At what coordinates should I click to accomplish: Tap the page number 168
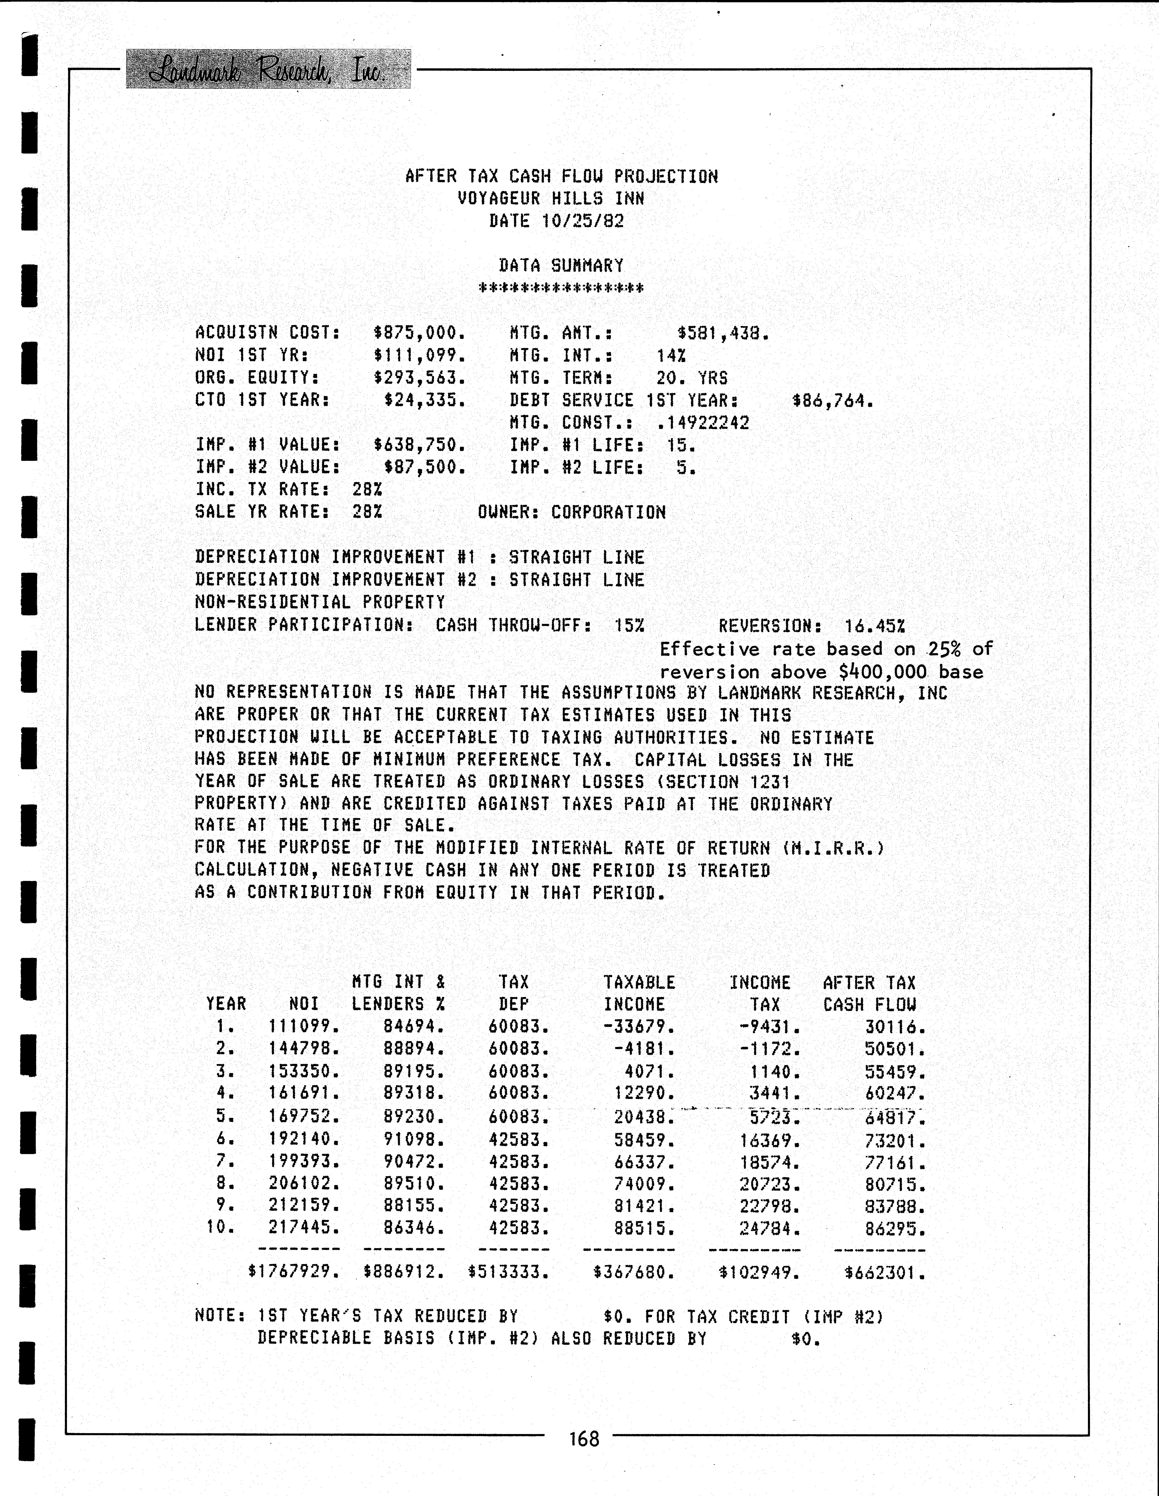point(584,1439)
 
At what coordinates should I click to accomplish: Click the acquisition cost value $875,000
point(419,333)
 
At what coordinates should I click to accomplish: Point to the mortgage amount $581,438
point(723,334)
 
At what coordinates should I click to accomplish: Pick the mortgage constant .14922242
point(703,423)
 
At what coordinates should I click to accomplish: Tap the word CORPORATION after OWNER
point(608,512)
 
